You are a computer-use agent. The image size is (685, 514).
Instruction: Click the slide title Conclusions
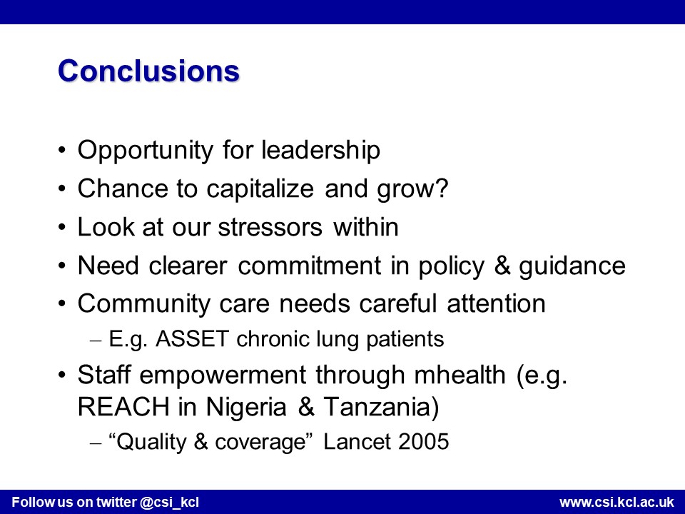click(148, 71)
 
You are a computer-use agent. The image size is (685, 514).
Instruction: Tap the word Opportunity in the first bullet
click(146, 151)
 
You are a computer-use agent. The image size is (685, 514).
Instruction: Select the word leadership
click(321, 150)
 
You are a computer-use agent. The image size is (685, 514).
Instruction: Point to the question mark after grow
click(442, 188)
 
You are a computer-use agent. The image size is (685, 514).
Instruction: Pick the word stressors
click(270, 227)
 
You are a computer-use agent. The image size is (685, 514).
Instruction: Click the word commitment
click(309, 266)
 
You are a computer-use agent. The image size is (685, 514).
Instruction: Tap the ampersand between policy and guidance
click(502, 266)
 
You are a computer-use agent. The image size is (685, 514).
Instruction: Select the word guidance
click(572, 266)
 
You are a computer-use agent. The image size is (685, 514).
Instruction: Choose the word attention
click(497, 304)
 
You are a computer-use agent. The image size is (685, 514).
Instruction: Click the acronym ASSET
click(192, 339)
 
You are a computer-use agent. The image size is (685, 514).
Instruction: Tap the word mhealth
click(460, 375)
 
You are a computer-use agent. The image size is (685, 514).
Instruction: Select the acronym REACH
click(123, 407)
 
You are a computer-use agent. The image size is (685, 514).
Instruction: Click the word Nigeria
click(246, 408)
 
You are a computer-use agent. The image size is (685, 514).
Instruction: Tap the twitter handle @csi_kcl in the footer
click(170, 502)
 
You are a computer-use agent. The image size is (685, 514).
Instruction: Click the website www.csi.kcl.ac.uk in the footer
click(616, 502)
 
